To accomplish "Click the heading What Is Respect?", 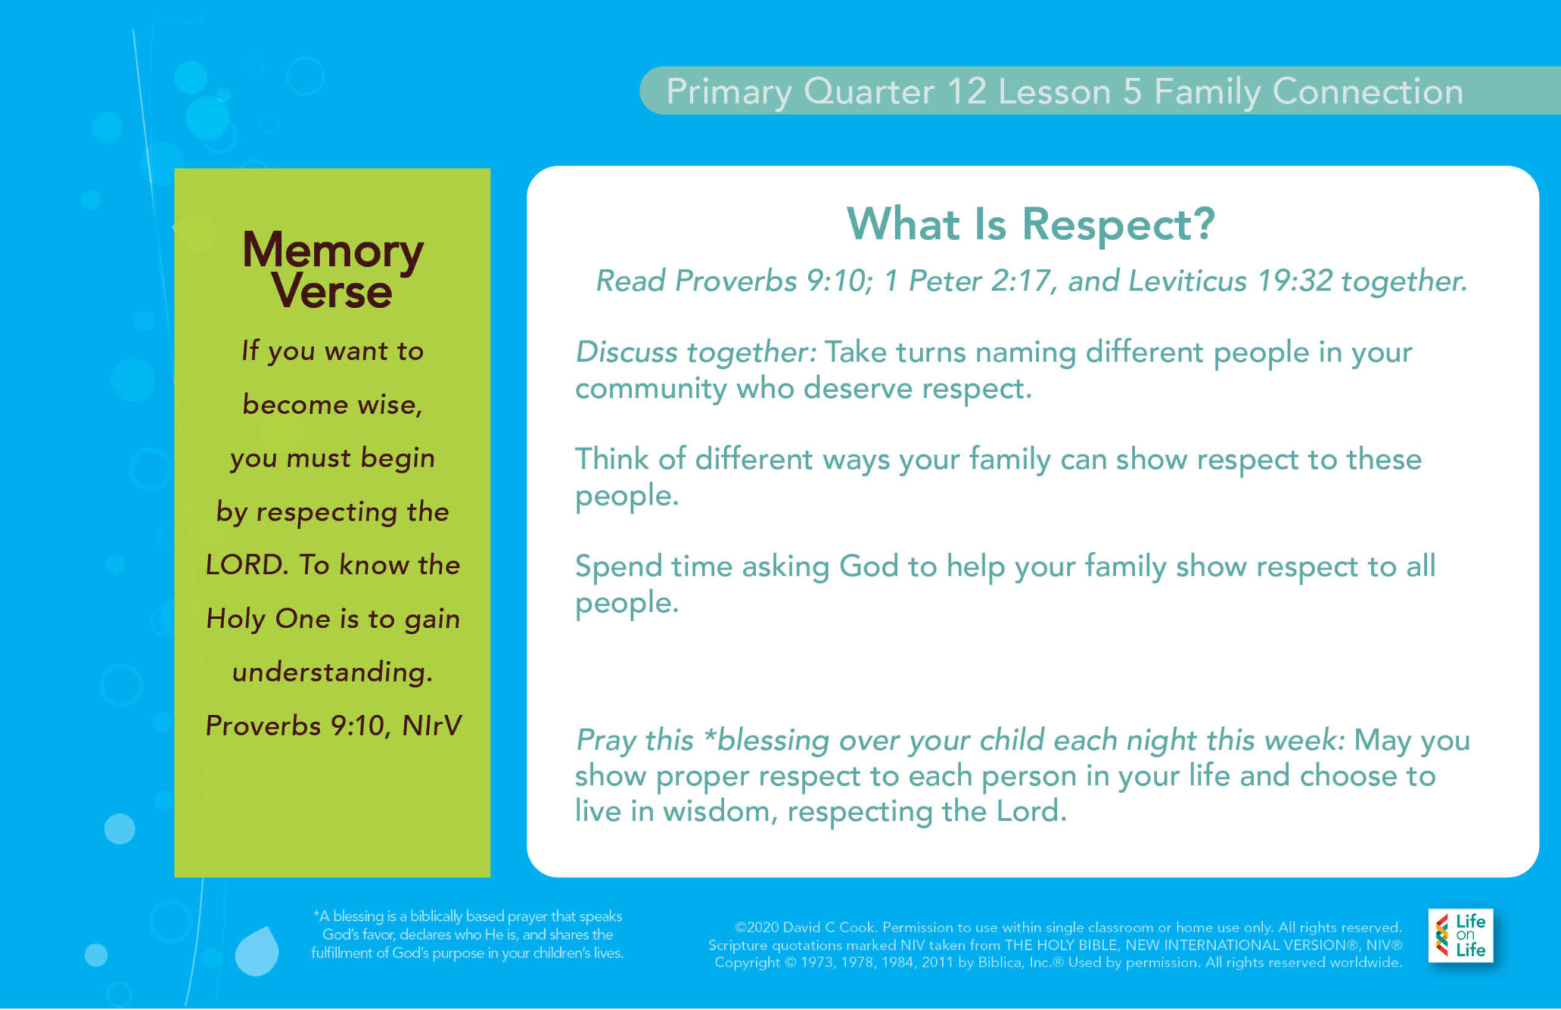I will click(x=1031, y=224).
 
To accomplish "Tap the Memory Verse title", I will click(x=332, y=270).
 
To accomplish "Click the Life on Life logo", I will click(x=1460, y=935).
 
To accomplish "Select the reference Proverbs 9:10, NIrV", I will click(x=333, y=726).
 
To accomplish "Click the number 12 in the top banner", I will click(x=966, y=91).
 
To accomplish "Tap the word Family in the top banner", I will click(x=1207, y=91).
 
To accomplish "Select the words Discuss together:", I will click(x=695, y=352).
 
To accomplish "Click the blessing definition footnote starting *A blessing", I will click(x=467, y=935).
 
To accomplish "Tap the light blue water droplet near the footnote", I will click(x=257, y=951).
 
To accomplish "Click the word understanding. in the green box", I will click(x=332, y=672).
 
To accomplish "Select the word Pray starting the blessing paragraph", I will click(x=607, y=740).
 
